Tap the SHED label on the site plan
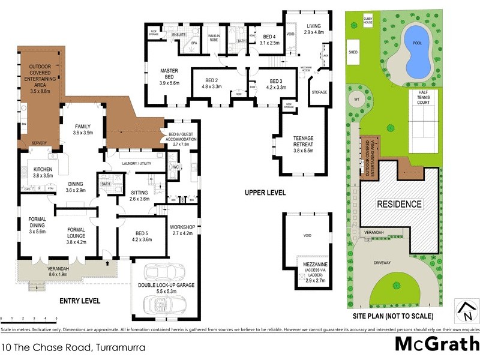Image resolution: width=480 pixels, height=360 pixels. point(353,52)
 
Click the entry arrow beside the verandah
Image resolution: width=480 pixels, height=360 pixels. point(106,262)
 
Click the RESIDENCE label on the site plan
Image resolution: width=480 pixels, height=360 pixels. point(399,204)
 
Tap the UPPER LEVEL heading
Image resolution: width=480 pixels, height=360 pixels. point(265,193)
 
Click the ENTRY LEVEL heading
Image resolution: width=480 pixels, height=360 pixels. point(80,301)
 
